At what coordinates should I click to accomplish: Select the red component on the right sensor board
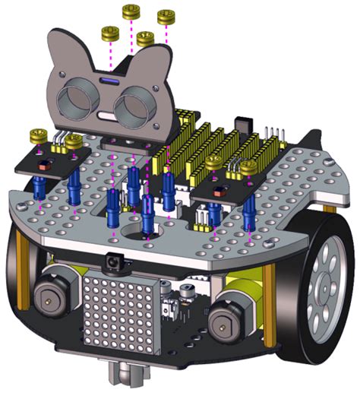[x=221, y=191]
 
